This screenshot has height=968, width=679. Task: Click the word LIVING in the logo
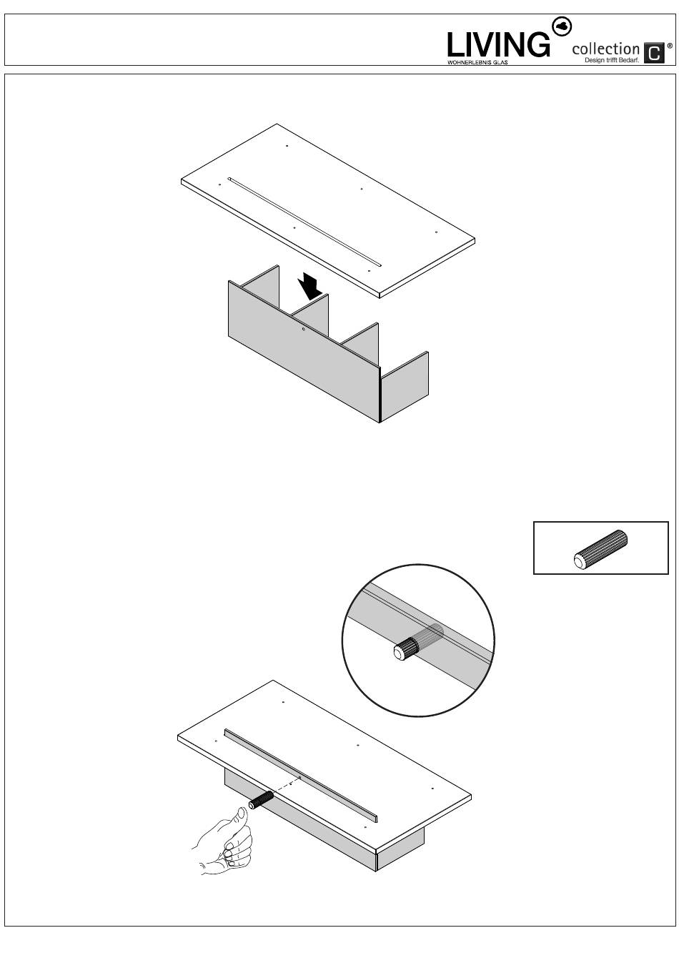click(x=498, y=45)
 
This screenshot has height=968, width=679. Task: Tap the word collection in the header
click(x=605, y=49)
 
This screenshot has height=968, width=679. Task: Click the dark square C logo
click(x=654, y=53)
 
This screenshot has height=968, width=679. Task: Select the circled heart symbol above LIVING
click(x=562, y=26)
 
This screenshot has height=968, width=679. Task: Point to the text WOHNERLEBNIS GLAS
click(x=477, y=62)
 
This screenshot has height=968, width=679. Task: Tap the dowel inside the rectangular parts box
click(x=600, y=550)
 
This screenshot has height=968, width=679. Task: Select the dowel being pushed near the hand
click(x=261, y=799)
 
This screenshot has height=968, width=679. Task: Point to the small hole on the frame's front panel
click(x=304, y=330)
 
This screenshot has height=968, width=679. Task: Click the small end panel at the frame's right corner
click(x=404, y=387)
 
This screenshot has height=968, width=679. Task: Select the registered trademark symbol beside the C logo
click(x=670, y=45)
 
